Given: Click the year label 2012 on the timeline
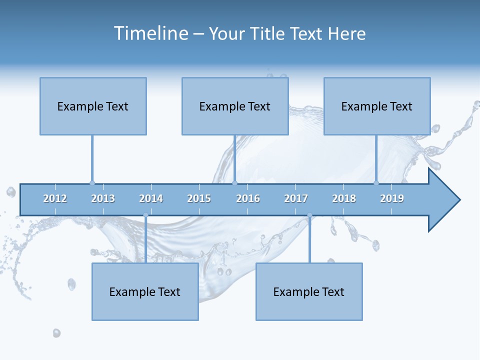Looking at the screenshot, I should point(55,198).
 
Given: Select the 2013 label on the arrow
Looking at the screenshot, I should point(103,198).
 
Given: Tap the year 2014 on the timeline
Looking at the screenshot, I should point(151,198).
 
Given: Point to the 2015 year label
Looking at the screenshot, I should point(199,198).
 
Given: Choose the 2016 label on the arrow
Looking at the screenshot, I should point(248,198).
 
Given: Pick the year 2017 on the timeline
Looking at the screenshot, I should point(296,198).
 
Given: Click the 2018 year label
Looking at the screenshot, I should point(344,198).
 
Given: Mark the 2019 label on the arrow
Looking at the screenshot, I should point(392,198).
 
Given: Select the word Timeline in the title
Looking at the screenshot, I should point(150,33).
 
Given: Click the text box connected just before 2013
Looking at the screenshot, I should point(93,106).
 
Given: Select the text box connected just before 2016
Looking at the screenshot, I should point(235,106).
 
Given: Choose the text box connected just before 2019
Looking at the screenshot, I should point(377,106).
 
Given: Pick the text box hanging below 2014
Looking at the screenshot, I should point(145,291).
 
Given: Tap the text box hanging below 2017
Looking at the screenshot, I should point(309,291).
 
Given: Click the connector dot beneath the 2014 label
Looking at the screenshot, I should point(145,215).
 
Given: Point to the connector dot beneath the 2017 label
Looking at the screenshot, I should point(309,215).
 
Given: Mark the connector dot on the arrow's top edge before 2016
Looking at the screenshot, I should point(234,183).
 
